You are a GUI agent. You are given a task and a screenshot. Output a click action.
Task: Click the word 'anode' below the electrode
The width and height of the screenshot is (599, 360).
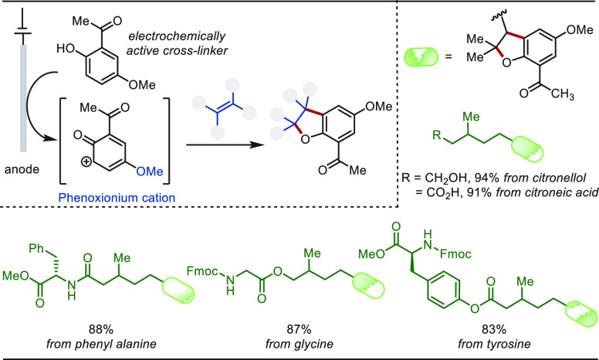coord(22,169)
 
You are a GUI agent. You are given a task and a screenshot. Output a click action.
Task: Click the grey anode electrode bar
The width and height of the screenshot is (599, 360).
coord(23,98)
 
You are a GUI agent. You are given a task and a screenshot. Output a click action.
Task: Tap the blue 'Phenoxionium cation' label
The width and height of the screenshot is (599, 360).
coord(117,198)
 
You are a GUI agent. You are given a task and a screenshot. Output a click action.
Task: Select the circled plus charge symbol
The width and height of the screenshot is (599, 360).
coord(86,161)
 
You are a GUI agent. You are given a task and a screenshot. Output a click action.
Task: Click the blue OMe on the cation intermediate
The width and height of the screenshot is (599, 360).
coord(150,172)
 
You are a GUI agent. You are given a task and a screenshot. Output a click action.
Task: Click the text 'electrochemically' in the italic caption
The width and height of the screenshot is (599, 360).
coord(177,36)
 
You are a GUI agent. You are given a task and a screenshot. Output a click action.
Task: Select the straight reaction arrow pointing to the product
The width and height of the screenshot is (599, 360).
coord(225,145)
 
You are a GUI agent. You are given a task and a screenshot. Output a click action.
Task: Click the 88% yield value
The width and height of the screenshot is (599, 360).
coord(101,328)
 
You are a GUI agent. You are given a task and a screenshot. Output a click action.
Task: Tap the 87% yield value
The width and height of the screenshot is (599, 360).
coord(299,328)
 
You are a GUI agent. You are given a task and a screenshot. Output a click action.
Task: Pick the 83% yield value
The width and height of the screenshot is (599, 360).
coord(494,328)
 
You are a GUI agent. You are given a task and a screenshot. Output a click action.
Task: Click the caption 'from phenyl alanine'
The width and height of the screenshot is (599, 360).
coord(101,344)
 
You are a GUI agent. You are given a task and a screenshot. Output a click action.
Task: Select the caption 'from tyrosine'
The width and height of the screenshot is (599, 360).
coord(494,344)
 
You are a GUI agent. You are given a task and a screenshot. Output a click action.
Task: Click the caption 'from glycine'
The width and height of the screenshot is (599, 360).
coord(299,344)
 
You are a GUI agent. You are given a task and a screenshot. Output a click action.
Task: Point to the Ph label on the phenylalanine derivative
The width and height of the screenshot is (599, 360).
coord(37,249)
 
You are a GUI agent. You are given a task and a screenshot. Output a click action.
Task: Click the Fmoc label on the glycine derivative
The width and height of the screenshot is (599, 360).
coord(202,271)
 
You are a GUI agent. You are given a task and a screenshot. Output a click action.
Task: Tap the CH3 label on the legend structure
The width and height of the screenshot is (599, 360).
coord(562,94)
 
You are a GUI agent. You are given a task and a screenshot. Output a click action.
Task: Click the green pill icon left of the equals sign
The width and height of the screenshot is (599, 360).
coord(421,57)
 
